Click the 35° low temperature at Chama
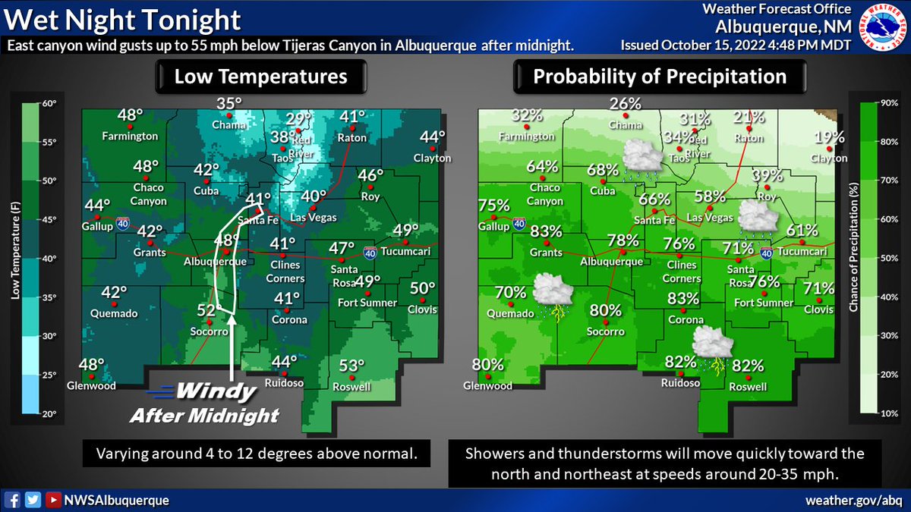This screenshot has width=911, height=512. pyautogui.click(x=229, y=104)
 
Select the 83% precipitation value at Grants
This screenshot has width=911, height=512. pyautogui.click(x=547, y=231)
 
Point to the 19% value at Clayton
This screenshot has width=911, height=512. pyautogui.click(x=829, y=137)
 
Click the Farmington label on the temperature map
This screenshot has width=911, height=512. pyautogui.click(x=131, y=137)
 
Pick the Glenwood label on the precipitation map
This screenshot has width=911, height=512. pyautogui.click(x=489, y=386)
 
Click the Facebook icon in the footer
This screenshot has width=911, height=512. pyautogui.click(x=13, y=500)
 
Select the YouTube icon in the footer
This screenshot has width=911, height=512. pyautogui.click(x=53, y=500)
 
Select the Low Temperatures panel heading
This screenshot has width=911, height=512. pyautogui.click(x=260, y=77)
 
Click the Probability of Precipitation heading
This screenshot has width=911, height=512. pyautogui.click(x=659, y=77)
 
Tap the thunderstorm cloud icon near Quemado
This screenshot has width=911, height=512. pyautogui.click(x=552, y=294)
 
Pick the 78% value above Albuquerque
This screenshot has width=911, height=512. pyautogui.click(x=622, y=241)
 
